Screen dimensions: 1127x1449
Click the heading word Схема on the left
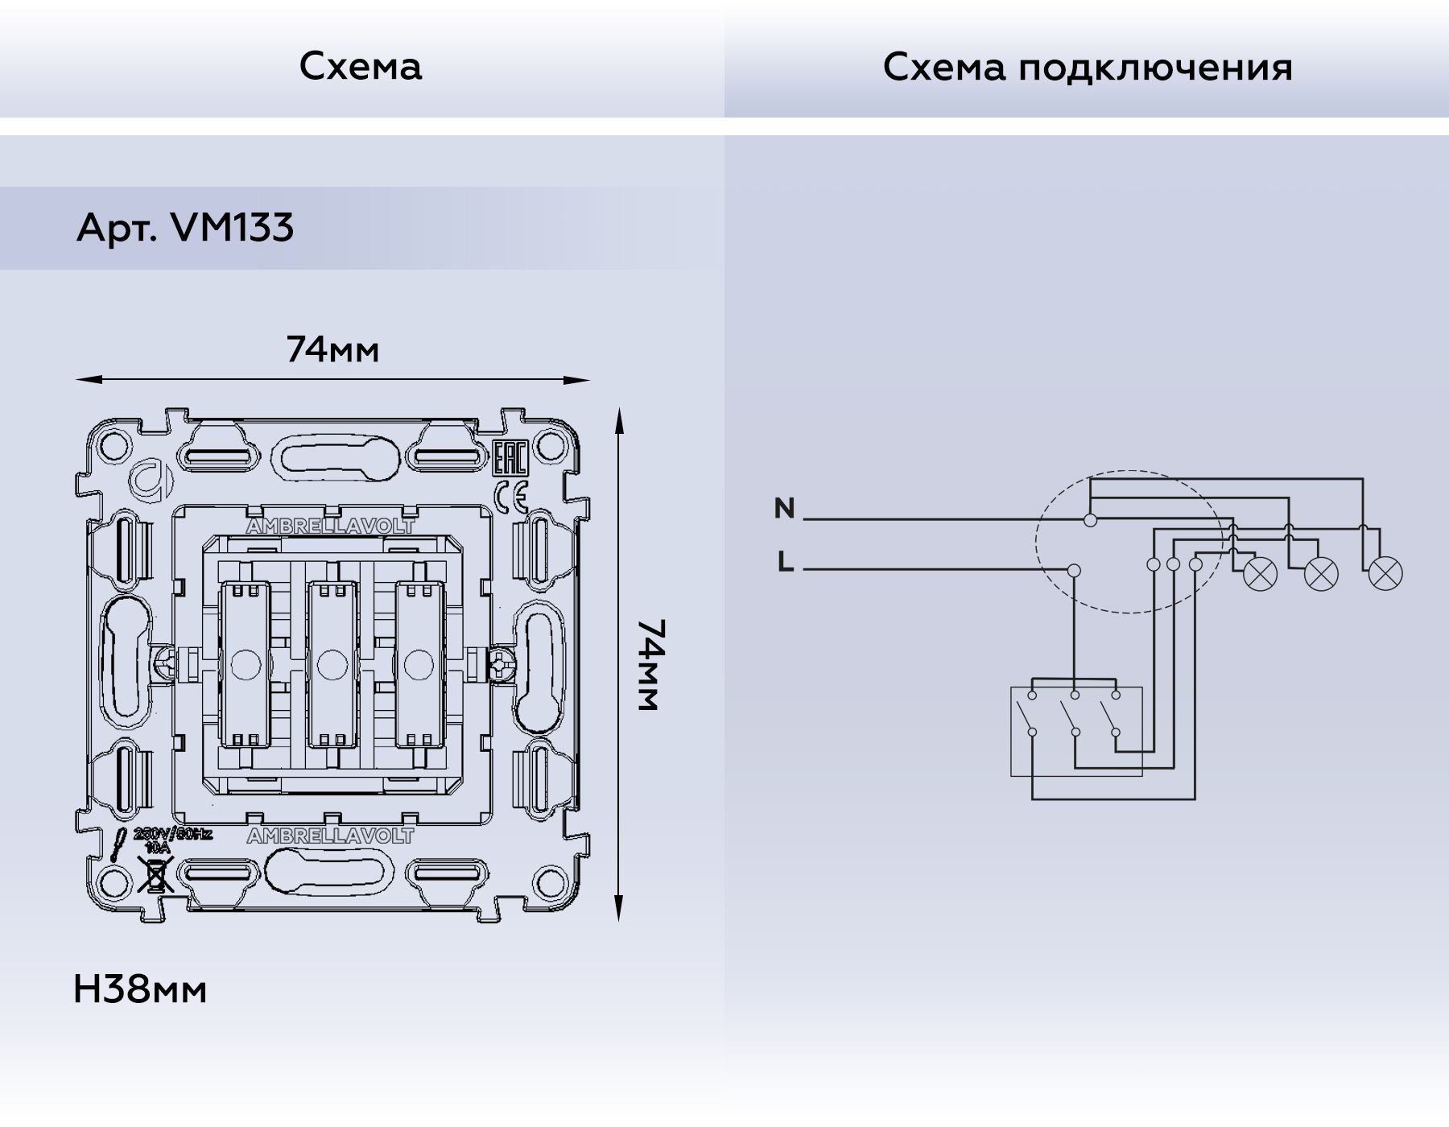tap(360, 66)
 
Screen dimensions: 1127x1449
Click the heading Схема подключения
tap(1087, 67)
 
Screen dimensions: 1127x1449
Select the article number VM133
tap(233, 228)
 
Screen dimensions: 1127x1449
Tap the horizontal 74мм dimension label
tap(332, 350)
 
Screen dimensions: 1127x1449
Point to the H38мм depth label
tap(140, 989)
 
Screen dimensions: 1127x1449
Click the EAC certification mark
tap(510, 460)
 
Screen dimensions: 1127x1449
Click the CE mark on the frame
tap(510, 497)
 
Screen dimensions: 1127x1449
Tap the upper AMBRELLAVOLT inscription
tap(330, 526)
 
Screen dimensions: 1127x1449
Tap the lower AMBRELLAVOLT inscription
tap(330, 836)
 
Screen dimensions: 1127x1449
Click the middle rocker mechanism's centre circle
tap(328, 665)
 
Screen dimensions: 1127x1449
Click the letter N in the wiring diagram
tap(784, 509)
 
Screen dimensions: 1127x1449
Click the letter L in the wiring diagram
tap(786, 562)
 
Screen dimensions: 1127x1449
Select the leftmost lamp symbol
tap(1260, 574)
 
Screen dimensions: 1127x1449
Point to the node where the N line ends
tap(1090, 520)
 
